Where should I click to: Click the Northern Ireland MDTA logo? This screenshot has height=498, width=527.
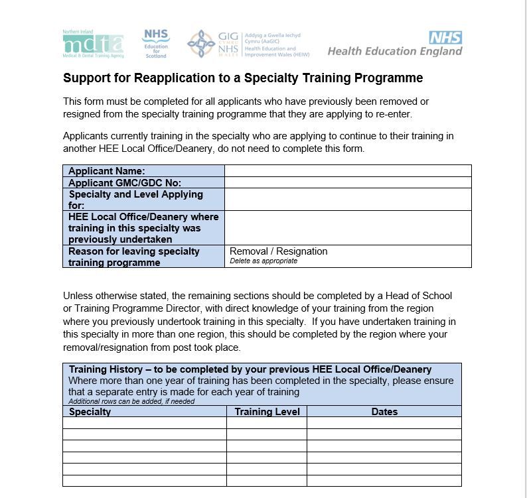pyautogui.click(x=93, y=44)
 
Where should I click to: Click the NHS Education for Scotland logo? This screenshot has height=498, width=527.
pyautogui.click(x=156, y=43)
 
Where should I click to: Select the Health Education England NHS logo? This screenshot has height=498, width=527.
pyautogui.click(x=395, y=45)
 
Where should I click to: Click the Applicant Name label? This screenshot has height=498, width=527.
pyautogui.click(x=107, y=171)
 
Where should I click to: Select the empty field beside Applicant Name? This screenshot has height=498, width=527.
pyautogui.click(x=348, y=171)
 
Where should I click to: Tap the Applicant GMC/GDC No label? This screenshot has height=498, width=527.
pyautogui.click(x=125, y=182)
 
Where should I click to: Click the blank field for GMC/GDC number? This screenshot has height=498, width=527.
pyautogui.click(x=348, y=182)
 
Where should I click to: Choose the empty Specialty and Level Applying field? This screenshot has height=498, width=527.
pyautogui.click(x=348, y=200)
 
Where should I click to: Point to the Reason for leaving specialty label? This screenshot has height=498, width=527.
pyautogui.click(x=133, y=251)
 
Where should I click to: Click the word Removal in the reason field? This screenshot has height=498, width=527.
pyautogui.click(x=249, y=251)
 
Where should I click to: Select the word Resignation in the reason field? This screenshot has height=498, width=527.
pyautogui.click(x=302, y=251)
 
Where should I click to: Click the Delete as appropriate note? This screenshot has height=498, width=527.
pyautogui.click(x=263, y=261)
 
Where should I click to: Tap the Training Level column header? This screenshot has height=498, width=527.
pyautogui.click(x=267, y=412)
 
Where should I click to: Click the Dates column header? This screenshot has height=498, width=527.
pyautogui.click(x=384, y=412)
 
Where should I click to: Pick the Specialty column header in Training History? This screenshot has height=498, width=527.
pyautogui.click(x=90, y=412)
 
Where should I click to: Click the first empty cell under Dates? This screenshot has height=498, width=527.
pyautogui.click(x=384, y=423)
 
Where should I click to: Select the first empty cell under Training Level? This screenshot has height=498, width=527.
pyautogui.click(x=267, y=423)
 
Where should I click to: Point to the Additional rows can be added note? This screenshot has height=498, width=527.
pyautogui.click(x=131, y=401)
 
